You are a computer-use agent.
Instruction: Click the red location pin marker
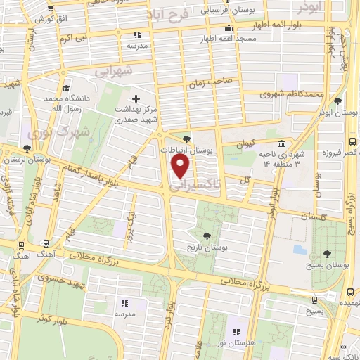181,166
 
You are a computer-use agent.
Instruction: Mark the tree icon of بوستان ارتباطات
186,139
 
